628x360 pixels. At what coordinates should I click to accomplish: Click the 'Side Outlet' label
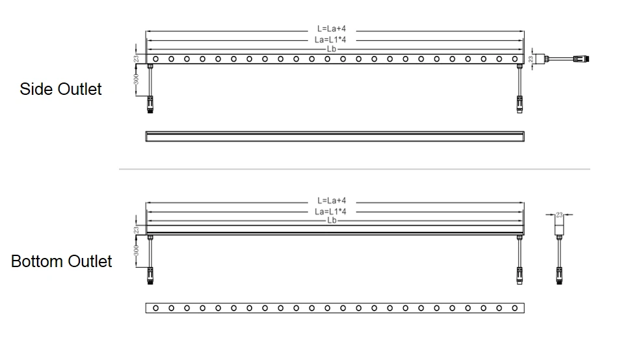point(60,89)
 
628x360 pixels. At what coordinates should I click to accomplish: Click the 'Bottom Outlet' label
point(61,261)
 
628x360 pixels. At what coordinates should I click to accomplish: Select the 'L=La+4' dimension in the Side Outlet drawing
point(332,29)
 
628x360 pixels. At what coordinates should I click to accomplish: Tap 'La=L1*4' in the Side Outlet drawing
point(332,40)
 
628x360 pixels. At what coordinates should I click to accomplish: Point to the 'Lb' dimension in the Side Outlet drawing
point(332,49)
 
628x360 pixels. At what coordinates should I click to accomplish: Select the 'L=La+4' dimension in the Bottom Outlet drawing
point(332,201)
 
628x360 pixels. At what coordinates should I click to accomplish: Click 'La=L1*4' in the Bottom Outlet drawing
point(332,211)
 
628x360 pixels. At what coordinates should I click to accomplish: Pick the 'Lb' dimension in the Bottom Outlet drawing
point(332,220)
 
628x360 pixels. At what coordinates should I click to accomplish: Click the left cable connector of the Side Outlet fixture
point(150,103)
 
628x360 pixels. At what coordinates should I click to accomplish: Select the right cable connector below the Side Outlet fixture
point(519,103)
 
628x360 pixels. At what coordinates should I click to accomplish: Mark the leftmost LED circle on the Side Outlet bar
point(155,59)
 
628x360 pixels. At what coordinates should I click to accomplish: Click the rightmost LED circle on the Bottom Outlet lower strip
point(514,307)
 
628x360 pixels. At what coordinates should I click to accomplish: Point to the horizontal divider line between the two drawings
point(354,170)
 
